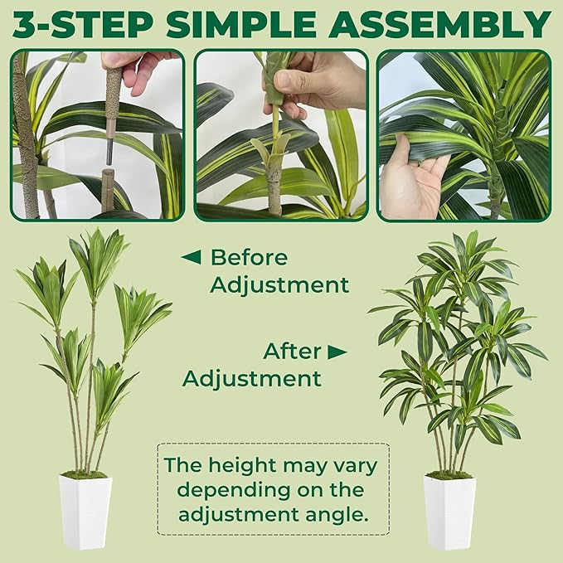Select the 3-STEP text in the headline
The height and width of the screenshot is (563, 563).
pyautogui.click(x=85, y=25)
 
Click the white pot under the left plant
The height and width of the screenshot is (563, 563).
pyautogui.click(x=85, y=512)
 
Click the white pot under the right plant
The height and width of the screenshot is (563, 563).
pyautogui.click(x=449, y=512)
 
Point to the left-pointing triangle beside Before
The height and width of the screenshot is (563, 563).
pyautogui.click(x=191, y=257)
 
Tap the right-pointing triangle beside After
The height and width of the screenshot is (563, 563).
pyautogui.click(x=337, y=352)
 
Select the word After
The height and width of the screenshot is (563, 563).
pyautogui.click(x=291, y=352)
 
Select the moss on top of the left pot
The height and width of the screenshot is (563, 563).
pyautogui.click(x=85, y=474)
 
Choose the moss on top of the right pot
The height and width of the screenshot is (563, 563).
pyautogui.click(x=449, y=474)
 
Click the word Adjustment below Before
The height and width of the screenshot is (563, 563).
pyautogui.click(x=279, y=285)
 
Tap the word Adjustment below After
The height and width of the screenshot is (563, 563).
pyautogui.click(x=251, y=379)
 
